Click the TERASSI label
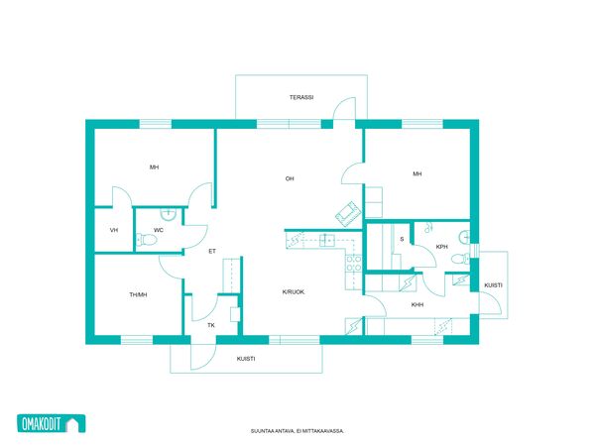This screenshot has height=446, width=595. (301, 97)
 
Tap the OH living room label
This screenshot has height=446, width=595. (290, 178)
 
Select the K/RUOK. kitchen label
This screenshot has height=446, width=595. (294, 292)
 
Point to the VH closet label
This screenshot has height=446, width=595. (114, 230)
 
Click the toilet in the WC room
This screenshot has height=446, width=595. (147, 239)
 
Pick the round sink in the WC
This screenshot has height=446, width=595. (168, 215)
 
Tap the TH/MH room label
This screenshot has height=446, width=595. (138, 294)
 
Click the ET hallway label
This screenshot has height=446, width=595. (212, 251)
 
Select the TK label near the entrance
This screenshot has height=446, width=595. (211, 325)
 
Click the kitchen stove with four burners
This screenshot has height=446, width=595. (353, 264)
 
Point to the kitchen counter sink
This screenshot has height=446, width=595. (326, 241)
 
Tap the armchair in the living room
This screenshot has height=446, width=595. (347, 214)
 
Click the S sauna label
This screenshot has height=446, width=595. (402, 239)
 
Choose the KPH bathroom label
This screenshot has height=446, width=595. (441, 247)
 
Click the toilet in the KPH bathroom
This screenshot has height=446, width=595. (460, 260)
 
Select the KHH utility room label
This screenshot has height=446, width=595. (417, 304)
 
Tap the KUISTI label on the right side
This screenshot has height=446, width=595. (493, 285)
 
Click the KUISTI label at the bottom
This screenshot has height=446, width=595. (246, 359)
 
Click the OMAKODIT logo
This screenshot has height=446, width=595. (52, 423)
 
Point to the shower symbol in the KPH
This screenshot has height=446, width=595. (428, 227)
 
